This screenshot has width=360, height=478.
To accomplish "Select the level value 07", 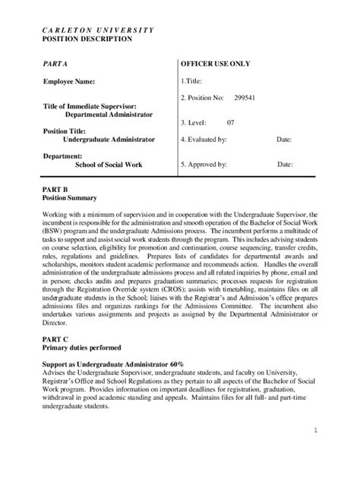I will click(x=232, y=121).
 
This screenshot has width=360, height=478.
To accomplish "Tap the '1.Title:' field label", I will click(x=193, y=80).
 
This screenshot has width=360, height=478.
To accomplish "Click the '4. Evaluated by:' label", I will click(x=204, y=140).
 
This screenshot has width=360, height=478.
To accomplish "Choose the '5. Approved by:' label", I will click(x=204, y=163).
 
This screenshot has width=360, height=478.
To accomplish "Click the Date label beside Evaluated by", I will click(x=284, y=140).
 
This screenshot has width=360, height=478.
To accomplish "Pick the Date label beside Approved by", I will click(x=286, y=163).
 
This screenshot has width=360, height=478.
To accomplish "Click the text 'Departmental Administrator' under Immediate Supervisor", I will click(x=109, y=114).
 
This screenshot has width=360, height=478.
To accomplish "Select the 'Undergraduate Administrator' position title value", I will click(x=109, y=140).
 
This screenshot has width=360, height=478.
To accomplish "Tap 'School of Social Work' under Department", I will click(x=109, y=164).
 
